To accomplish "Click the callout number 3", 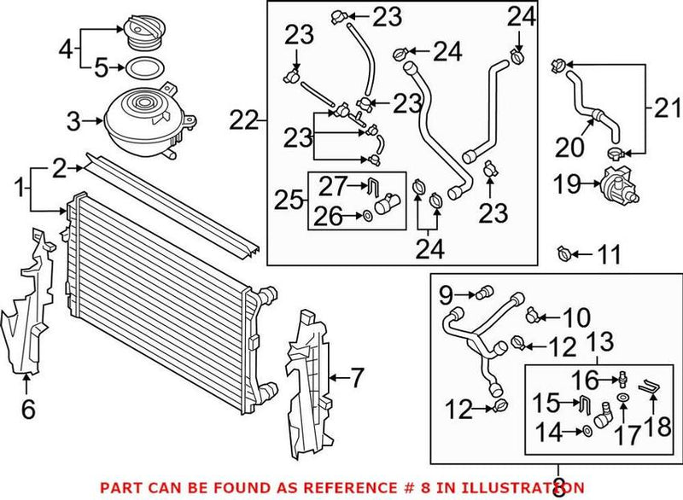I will [x=74, y=121].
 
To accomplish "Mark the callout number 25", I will [x=288, y=202].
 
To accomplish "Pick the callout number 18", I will [x=657, y=425].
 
